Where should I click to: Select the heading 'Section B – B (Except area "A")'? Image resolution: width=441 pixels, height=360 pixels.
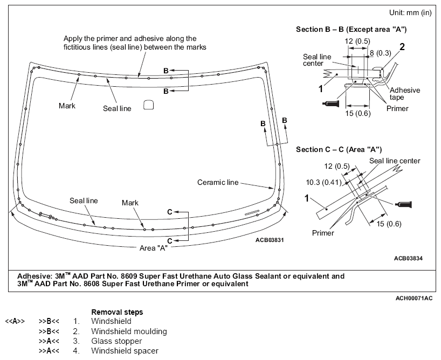(351, 29)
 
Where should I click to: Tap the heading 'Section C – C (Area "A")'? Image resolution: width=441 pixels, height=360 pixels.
(339, 149)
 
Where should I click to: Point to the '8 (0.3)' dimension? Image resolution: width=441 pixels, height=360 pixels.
(380, 53)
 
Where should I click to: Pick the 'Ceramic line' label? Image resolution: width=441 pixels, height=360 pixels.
(217, 182)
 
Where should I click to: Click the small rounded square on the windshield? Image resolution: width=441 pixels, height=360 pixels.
(149, 106)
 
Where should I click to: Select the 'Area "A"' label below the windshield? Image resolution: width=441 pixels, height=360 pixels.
(153, 248)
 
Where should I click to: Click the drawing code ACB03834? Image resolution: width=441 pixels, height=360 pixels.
(408, 258)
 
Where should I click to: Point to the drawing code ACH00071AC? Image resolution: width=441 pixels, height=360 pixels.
(414, 298)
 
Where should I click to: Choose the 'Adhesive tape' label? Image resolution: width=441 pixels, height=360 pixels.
(404, 94)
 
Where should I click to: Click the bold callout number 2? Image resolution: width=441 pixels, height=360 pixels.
(402, 47)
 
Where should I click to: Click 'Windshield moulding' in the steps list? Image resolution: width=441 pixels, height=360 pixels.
(129, 331)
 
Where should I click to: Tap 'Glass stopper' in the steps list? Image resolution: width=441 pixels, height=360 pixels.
(116, 341)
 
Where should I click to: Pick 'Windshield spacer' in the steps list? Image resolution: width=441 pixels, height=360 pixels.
(124, 351)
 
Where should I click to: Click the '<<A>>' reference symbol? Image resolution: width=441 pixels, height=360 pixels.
(14, 322)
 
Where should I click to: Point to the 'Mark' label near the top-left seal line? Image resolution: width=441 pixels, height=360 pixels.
(67, 106)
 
